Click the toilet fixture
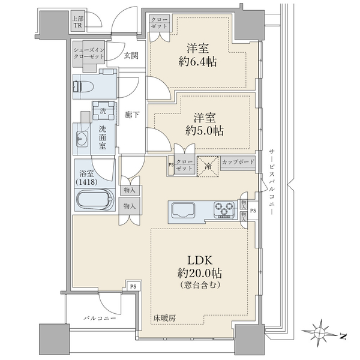[x=83, y=87]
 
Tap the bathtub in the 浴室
[x=95, y=199]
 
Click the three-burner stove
[x=224, y=209]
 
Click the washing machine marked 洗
[x=104, y=111]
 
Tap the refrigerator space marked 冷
[x=208, y=166]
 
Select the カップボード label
[x=238, y=162]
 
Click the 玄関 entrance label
[x=131, y=55]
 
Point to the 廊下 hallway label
[x=132, y=115]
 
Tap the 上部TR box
[x=77, y=21]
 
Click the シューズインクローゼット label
[x=89, y=53]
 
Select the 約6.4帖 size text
[x=197, y=62]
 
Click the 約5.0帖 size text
[x=205, y=131]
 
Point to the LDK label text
[x=200, y=260]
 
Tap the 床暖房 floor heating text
[x=164, y=318]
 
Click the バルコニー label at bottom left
[x=100, y=318]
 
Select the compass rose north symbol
[x=320, y=331]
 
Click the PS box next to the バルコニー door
[x=133, y=286]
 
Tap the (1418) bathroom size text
[x=87, y=182]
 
